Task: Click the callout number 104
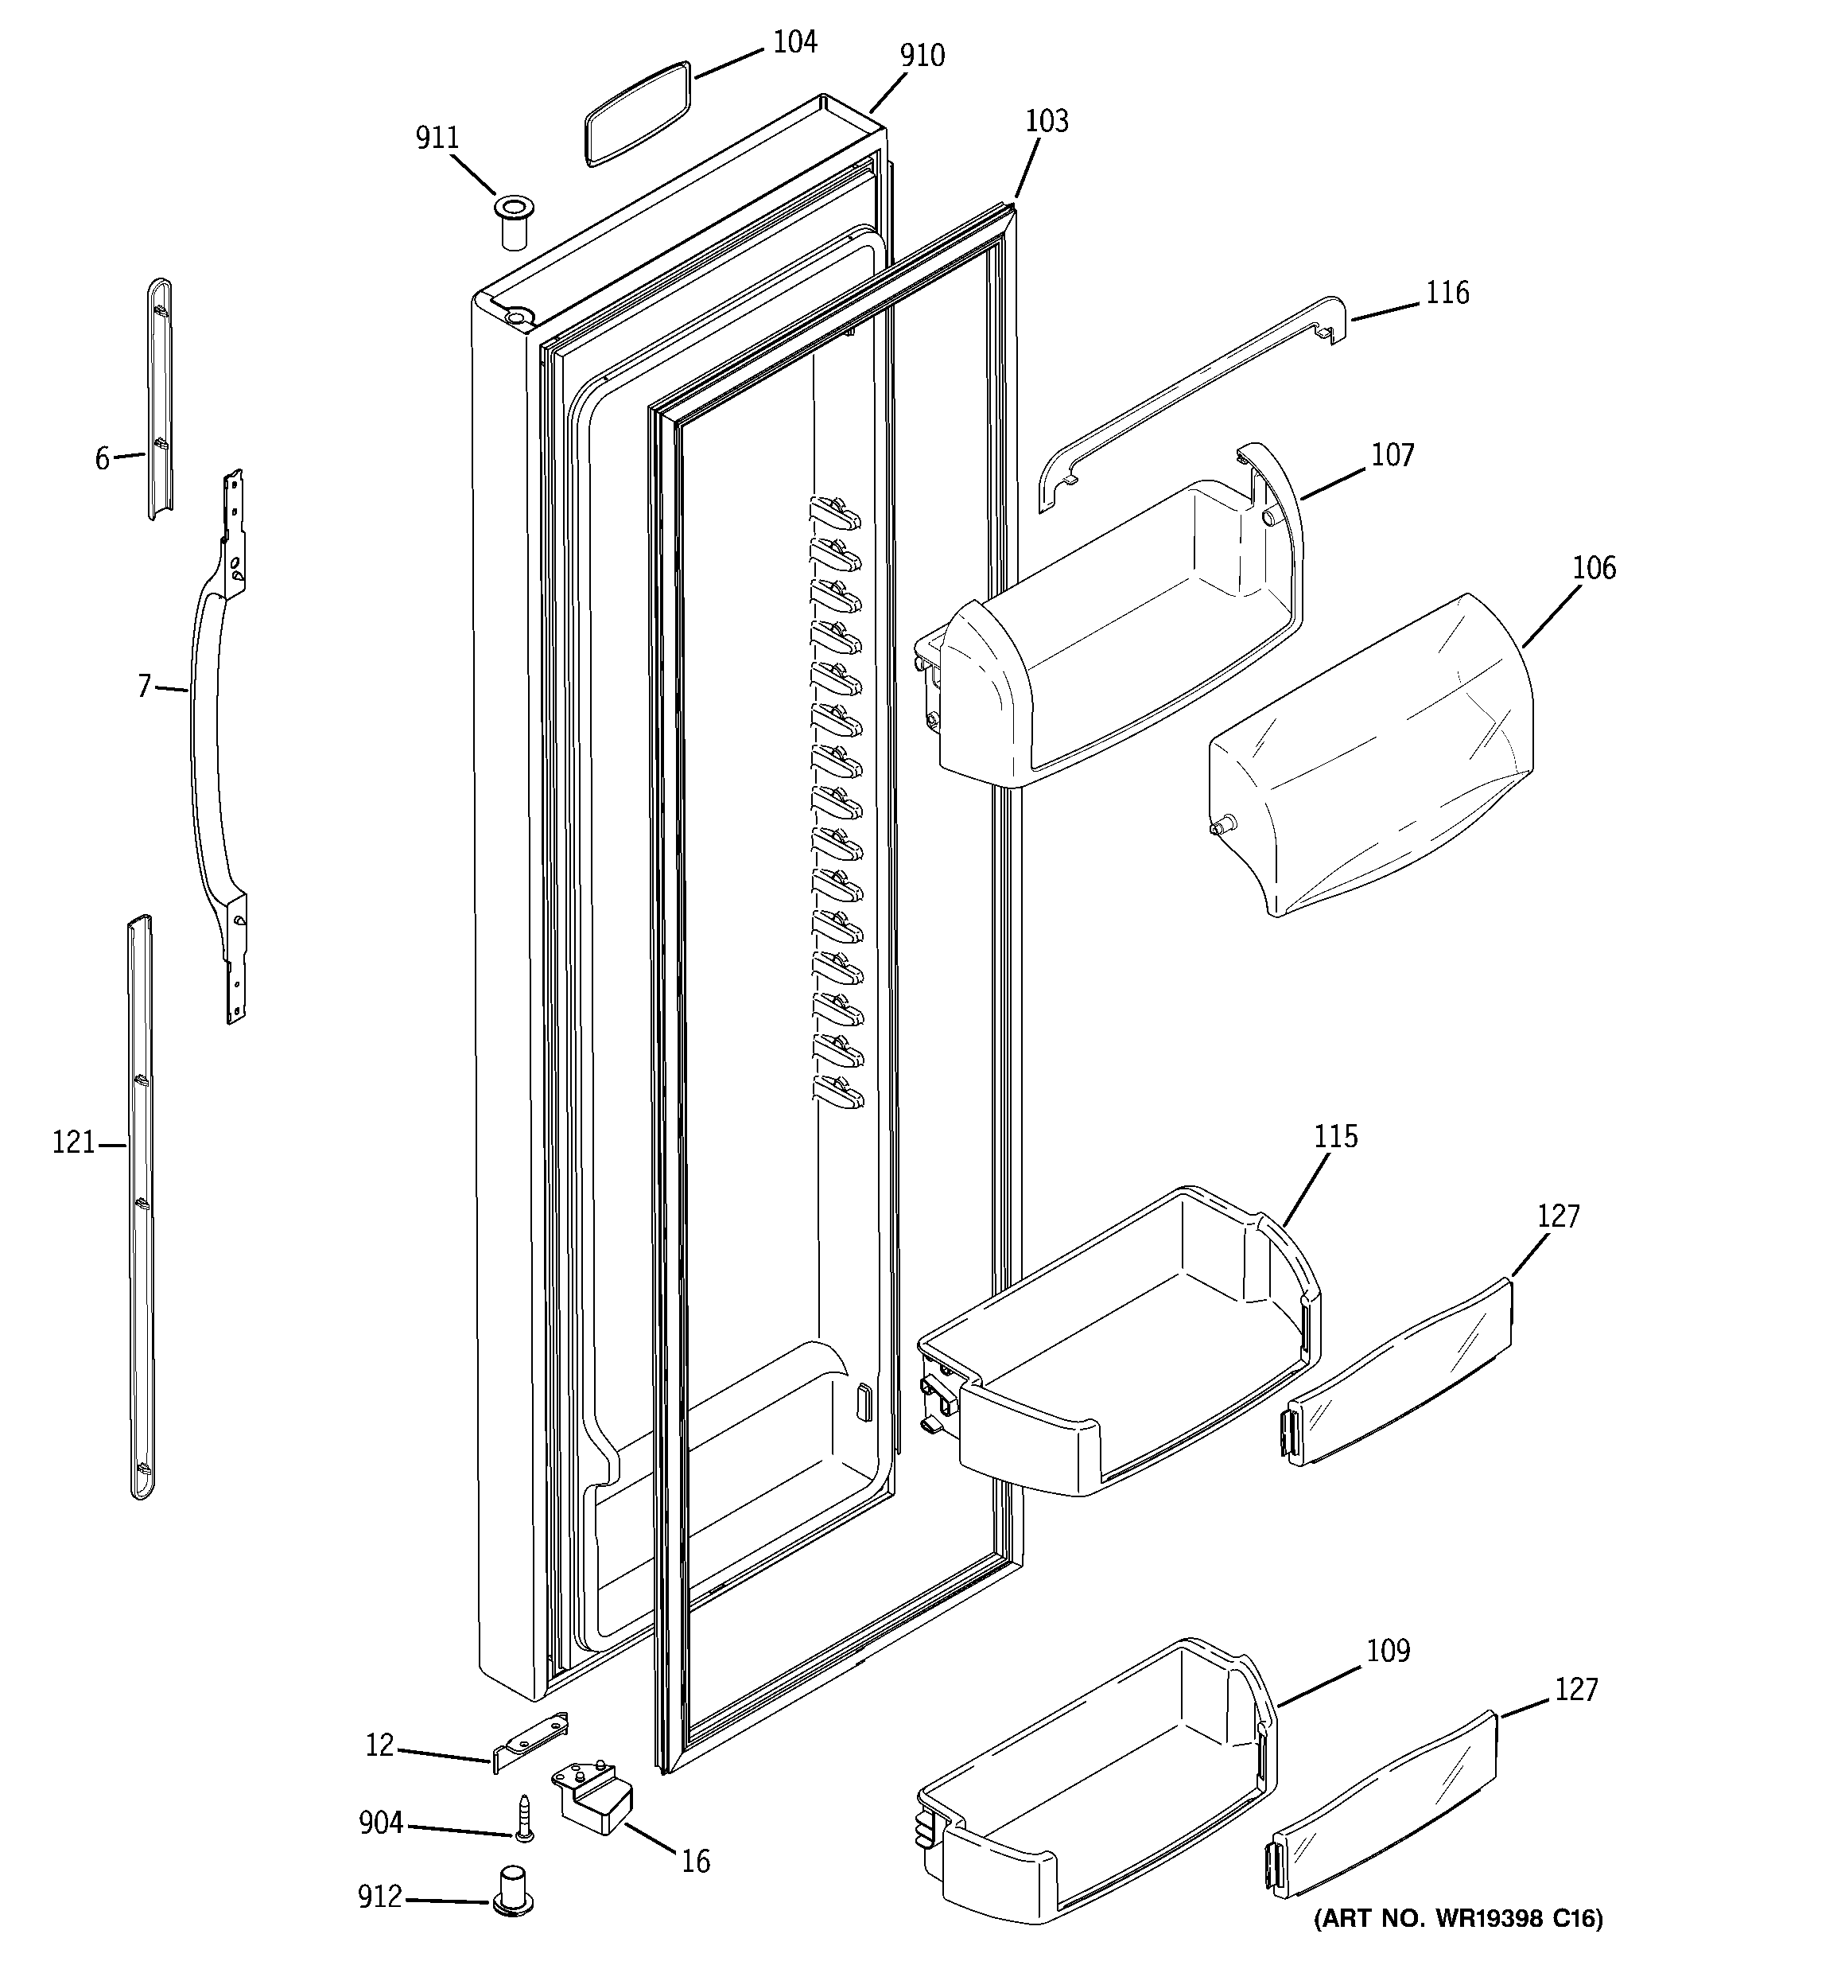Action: tap(794, 43)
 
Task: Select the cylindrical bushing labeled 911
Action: tap(512, 224)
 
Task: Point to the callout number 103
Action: tap(1046, 121)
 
